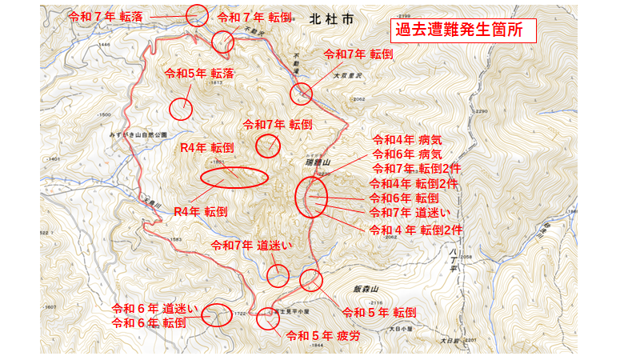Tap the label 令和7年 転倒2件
point(417,168)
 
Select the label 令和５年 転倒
point(378,312)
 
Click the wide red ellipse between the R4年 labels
point(233,178)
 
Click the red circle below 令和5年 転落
point(182,108)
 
